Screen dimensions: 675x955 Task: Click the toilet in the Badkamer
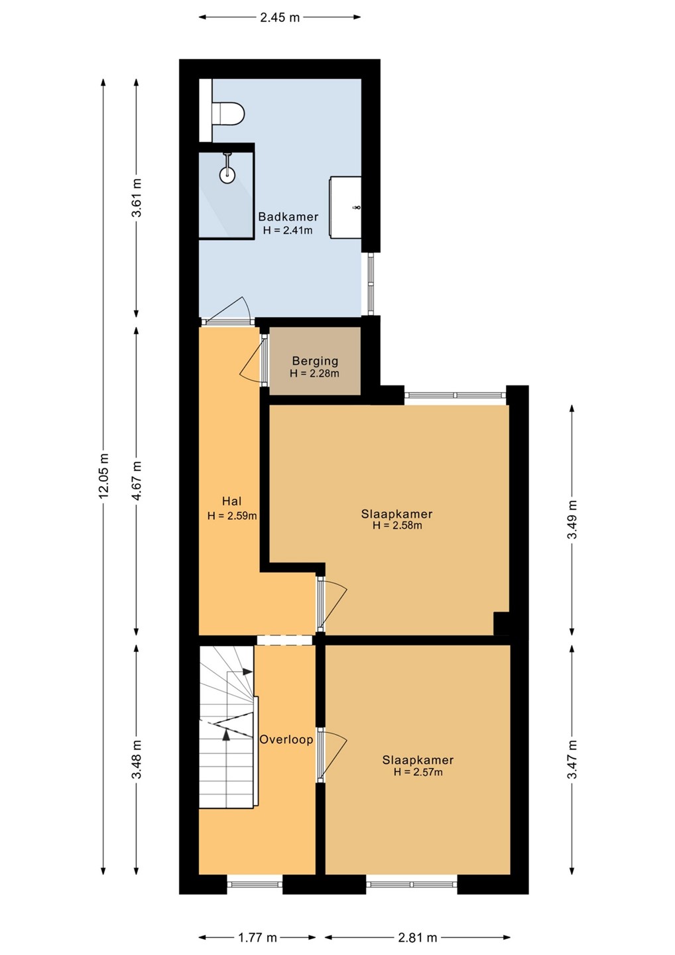pos(228,114)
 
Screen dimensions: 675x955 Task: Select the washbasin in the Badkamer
pos(345,206)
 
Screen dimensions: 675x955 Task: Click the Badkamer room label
pos(288,217)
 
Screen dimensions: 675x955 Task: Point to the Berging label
pos(315,361)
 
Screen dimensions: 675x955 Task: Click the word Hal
pos(232,501)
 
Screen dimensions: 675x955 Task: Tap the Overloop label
pos(286,739)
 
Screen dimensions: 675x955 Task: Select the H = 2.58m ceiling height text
pos(397,526)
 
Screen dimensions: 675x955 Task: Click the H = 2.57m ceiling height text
pos(418,772)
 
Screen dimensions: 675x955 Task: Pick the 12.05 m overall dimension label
pos(103,475)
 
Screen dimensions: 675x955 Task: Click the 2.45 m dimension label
pos(280,17)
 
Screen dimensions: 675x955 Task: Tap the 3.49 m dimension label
pos(572,519)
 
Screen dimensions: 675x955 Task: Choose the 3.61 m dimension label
pos(137,198)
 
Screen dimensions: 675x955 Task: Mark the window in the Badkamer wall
pos(370,285)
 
